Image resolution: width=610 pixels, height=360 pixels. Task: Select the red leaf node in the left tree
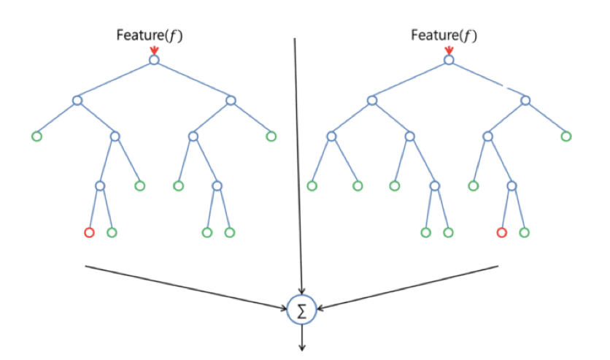89,233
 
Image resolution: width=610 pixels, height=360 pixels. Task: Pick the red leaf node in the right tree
501,233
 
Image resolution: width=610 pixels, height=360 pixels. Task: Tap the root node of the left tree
154,60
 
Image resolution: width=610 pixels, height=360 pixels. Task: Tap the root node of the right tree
449,60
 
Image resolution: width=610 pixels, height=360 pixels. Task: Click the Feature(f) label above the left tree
149,35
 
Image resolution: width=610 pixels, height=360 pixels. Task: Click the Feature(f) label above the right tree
444,35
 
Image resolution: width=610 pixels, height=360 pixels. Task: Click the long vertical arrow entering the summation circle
298,161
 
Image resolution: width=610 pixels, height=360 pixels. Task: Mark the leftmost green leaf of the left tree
36,136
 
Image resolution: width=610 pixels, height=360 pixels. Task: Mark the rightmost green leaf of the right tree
566,136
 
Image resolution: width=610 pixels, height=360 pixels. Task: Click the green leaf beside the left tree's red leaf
112,233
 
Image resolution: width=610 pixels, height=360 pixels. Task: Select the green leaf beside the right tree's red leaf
524,233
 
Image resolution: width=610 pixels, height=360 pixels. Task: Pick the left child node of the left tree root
77,101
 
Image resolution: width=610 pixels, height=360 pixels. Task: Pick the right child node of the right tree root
525,101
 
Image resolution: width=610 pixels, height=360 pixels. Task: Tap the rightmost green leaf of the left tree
271,136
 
